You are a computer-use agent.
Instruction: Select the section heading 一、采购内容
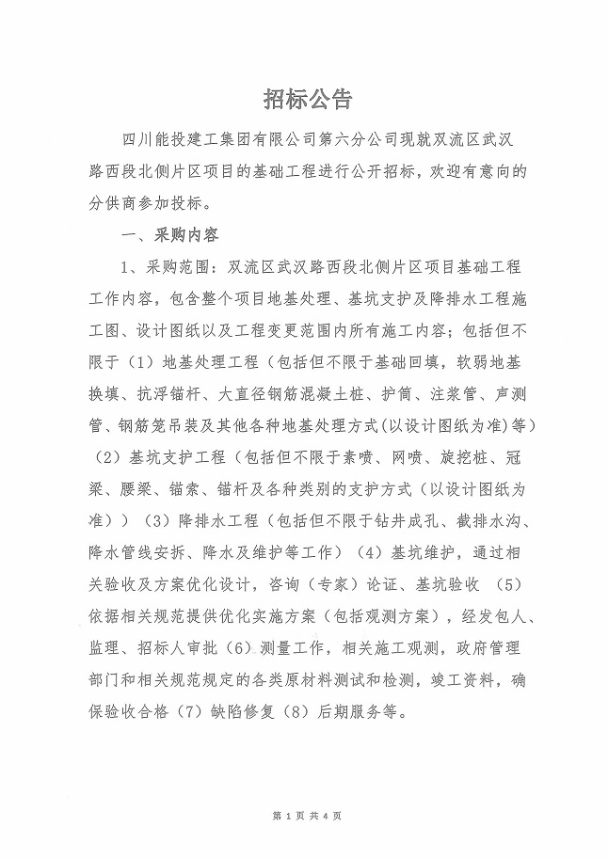166,234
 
